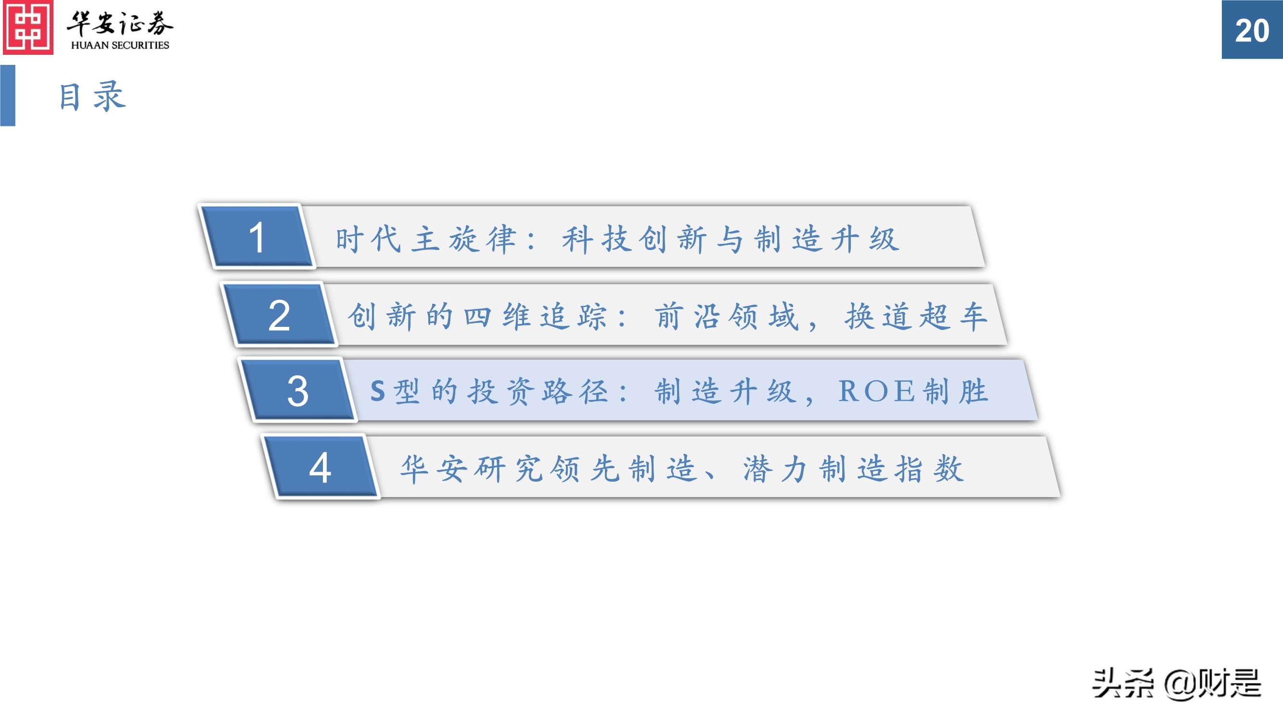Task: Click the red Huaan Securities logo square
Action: (28, 27)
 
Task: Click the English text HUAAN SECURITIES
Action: (120, 45)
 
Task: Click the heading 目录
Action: (92, 96)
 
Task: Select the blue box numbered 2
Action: (279, 315)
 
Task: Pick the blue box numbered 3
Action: (298, 391)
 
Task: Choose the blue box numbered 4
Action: (320, 468)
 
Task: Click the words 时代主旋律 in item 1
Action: (426, 239)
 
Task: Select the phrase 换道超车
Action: (916, 316)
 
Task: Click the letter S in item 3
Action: (377, 391)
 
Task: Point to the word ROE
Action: (876, 391)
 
